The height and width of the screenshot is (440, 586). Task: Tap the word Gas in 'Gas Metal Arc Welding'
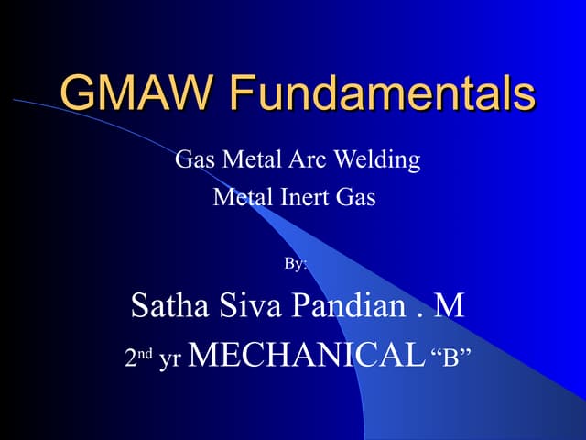pos(193,160)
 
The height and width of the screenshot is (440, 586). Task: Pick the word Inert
pos(305,196)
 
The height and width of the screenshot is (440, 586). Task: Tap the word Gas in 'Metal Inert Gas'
pos(356,196)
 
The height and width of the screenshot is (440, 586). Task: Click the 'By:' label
pos(295,263)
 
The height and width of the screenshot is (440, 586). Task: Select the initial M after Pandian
pos(449,305)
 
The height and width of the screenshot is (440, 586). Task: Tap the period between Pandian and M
pos(417,314)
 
